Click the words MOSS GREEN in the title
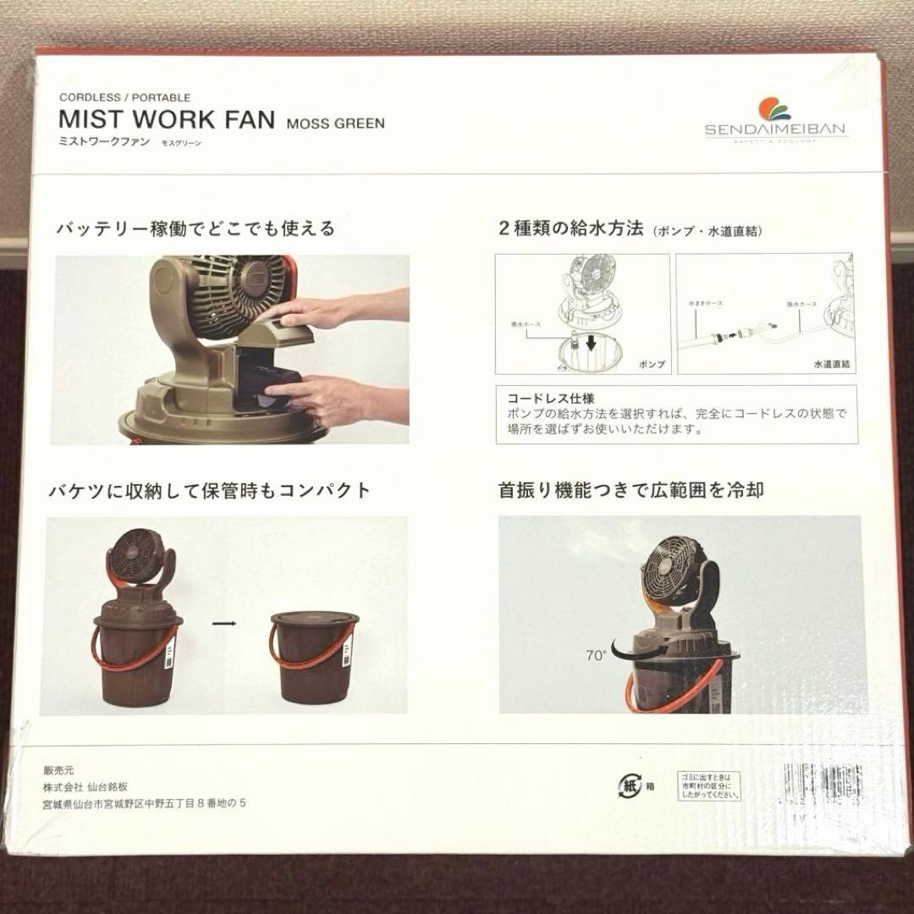[x=335, y=123]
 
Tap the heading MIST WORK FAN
[x=167, y=119]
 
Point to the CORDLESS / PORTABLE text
[x=124, y=97]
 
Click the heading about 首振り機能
[x=631, y=490]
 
